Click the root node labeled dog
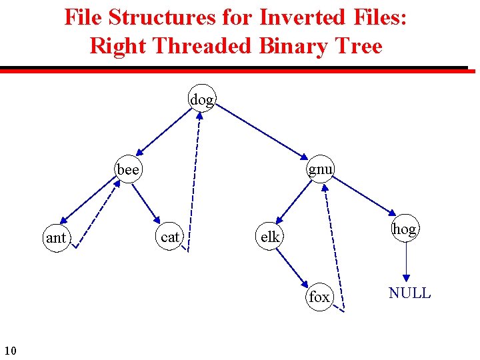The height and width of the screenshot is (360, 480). coord(202,100)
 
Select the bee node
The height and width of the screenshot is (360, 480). coord(127,170)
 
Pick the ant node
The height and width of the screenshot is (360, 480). coord(56,237)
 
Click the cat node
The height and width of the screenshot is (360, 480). coord(171,237)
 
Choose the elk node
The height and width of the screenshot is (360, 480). coord(270,237)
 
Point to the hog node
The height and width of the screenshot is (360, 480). coord(404,229)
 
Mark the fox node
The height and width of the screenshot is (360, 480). coord(319,297)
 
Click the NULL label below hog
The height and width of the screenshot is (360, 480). coord(409,293)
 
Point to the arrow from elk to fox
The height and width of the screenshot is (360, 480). coord(294,266)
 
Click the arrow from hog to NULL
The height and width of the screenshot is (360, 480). coord(405,263)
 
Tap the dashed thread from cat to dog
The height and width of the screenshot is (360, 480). coord(195,180)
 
